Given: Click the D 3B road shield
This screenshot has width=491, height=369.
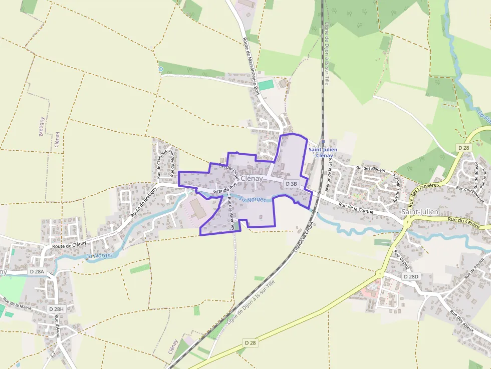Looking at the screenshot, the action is click(292, 184).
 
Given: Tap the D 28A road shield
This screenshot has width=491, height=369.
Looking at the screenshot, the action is click(37, 272).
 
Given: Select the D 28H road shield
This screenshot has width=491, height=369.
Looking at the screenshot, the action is click(57, 309).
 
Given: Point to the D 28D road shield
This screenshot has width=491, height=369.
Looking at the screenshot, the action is click(410, 277).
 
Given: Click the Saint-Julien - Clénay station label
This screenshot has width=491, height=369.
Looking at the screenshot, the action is click(323, 152).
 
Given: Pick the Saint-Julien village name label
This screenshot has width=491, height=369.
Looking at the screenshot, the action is click(420, 212).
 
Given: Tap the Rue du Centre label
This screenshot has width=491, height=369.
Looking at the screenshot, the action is click(460, 220).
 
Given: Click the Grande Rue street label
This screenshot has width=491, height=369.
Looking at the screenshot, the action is click(224, 190).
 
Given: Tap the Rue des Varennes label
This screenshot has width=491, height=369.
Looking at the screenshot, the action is click(230, 214).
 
